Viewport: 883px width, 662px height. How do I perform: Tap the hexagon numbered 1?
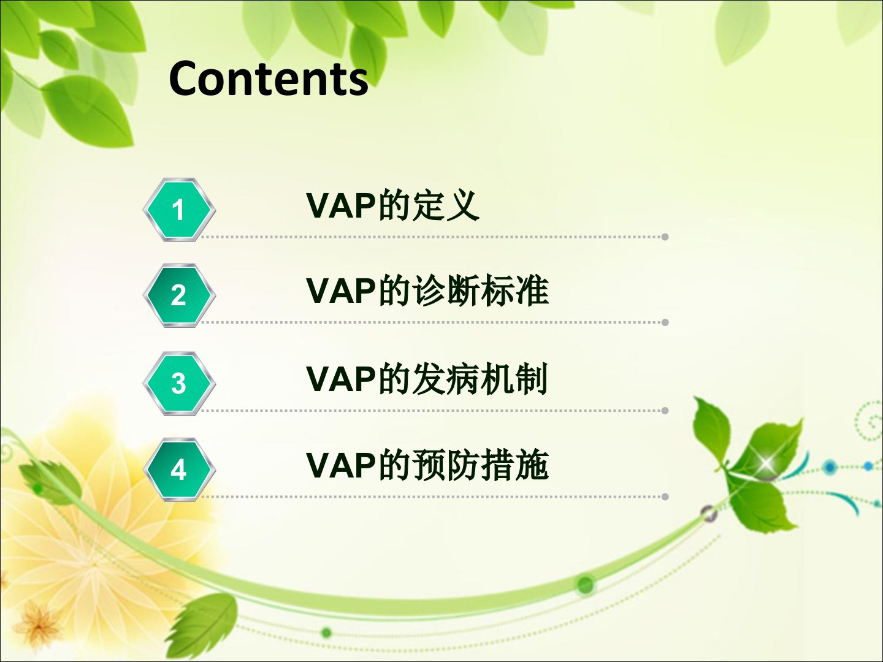pyautogui.click(x=179, y=210)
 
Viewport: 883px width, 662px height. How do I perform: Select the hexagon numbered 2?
pyautogui.click(x=179, y=295)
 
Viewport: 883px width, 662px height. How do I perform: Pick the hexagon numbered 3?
pyautogui.click(x=179, y=384)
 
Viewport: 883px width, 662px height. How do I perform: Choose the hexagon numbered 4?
pyautogui.click(x=179, y=470)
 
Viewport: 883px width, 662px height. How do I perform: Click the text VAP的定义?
pyautogui.click(x=392, y=205)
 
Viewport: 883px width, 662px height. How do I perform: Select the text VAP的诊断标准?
pyautogui.click(x=427, y=290)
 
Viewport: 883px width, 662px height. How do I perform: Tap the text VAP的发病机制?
pyautogui.click(x=427, y=378)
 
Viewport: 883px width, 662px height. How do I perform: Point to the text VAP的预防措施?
pyautogui.click(x=427, y=465)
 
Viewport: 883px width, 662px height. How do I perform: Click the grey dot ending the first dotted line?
pyautogui.click(x=665, y=237)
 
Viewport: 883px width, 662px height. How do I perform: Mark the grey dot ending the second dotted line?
pyautogui.click(x=665, y=322)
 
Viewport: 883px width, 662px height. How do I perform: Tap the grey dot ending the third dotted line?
pyautogui.click(x=665, y=411)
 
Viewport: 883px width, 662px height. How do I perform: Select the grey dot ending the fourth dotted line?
pyautogui.click(x=665, y=496)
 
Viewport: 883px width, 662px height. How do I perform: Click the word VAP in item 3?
pyautogui.click(x=341, y=379)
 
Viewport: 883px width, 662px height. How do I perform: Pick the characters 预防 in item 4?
pyautogui.click(x=446, y=465)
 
